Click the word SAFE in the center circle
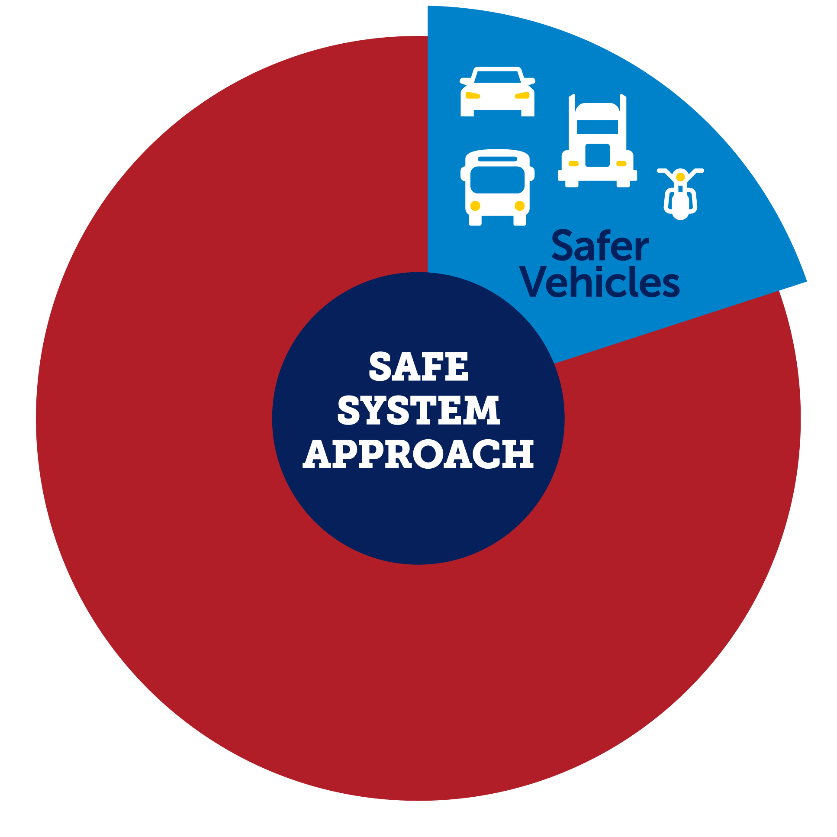(x=418, y=367)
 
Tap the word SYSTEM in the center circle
(x=418, y=410)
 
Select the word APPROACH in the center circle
(x=418, y=454)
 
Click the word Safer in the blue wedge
(x=600, y=246)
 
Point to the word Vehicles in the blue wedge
(x=600, y=282)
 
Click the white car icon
(x=497, y=92)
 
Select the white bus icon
(x=497, y=187)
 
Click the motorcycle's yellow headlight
(x=680, y=177)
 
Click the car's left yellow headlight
(x=473, y=95)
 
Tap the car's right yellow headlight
(x=522, y=95)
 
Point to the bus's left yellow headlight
(x=475, y=206)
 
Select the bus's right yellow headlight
(x=520, y=206)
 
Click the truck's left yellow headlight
(x=573, y=164)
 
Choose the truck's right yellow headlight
(x=621, y=164)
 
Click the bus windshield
(x=497, y=180)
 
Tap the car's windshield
(x=497, y=77)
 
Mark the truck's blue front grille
(x=597, y=155)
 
